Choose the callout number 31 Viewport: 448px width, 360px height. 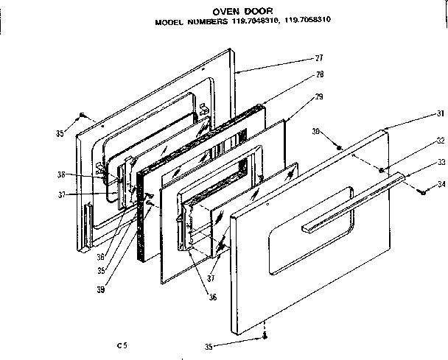(x=440, y=113)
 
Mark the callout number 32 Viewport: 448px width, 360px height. (x=440, y=140)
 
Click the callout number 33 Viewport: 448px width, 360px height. (x=440, y=162)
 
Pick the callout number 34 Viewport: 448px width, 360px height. (x=440, y=183)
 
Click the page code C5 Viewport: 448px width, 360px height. (x=122, y=345)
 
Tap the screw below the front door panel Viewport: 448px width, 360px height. (x=264, y=338)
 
